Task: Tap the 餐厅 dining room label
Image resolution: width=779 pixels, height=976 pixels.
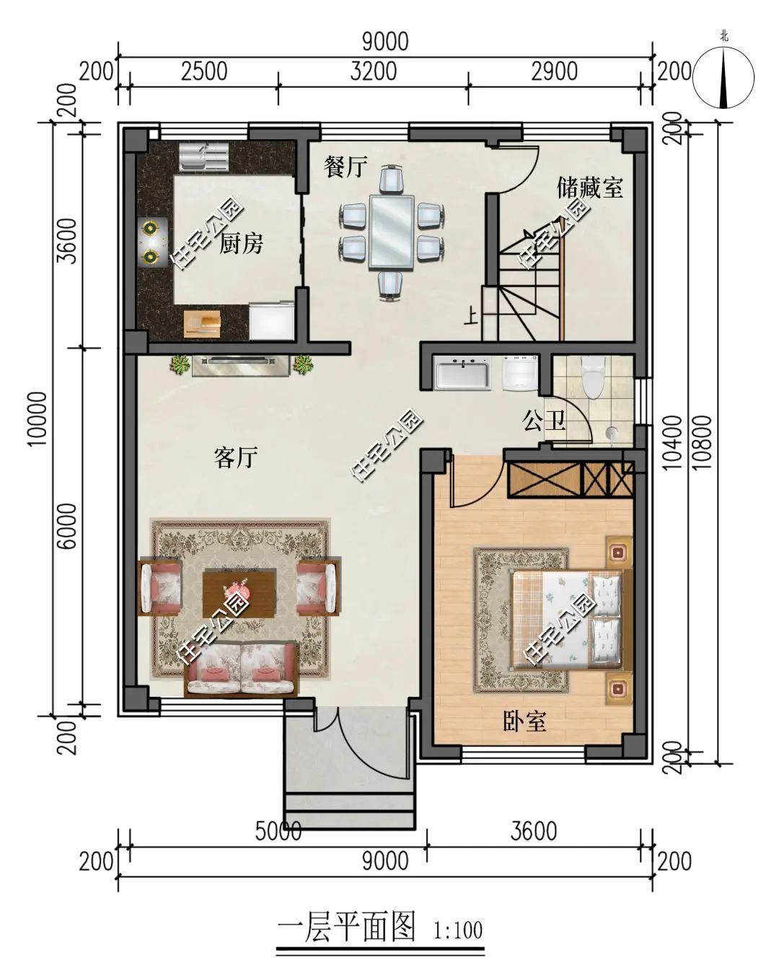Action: pos(345,167)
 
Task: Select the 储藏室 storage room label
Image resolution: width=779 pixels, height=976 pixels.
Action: pos(589,188)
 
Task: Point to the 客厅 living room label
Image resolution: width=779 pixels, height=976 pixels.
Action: pos(236,457)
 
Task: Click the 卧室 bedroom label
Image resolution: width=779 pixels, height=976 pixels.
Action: pos(524,721)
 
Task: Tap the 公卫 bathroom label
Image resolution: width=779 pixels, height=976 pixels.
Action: pos(544,421)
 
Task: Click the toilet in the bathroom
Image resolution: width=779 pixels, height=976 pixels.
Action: pos(594,377)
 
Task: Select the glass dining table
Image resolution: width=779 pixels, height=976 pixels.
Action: pos(391,232)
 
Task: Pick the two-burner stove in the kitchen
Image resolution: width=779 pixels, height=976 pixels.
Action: pos(151,241)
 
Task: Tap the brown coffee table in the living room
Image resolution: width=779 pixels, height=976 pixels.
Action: pos(239,593)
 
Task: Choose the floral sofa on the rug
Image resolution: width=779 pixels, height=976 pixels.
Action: pos(241,669)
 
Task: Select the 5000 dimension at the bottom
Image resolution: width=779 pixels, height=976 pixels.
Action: pos(278,831)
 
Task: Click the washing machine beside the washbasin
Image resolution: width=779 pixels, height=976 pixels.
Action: pos(520,372)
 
